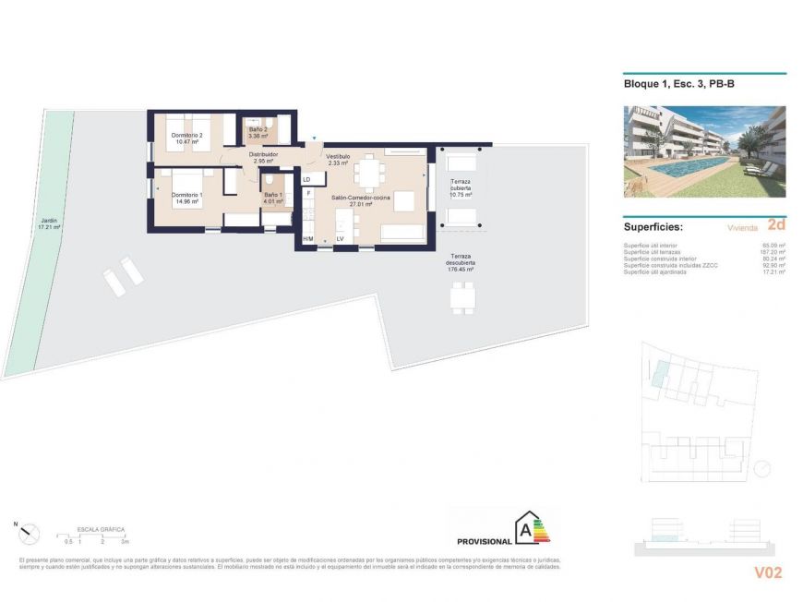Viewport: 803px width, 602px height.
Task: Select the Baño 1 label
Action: tap(273, 198)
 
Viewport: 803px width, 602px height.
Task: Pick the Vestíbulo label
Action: tap(338, 160)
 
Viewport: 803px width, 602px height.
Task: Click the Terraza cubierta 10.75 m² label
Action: tap(460, 188)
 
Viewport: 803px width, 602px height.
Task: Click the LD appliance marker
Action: tap(306, 179)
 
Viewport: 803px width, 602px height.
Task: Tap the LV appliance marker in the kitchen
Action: tap(340, 239)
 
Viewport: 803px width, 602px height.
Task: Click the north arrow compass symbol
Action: tap(30, 532)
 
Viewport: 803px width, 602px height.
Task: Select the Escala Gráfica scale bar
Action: tap(92, 536)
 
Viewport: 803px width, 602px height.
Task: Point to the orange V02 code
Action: tap(767, 572)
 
